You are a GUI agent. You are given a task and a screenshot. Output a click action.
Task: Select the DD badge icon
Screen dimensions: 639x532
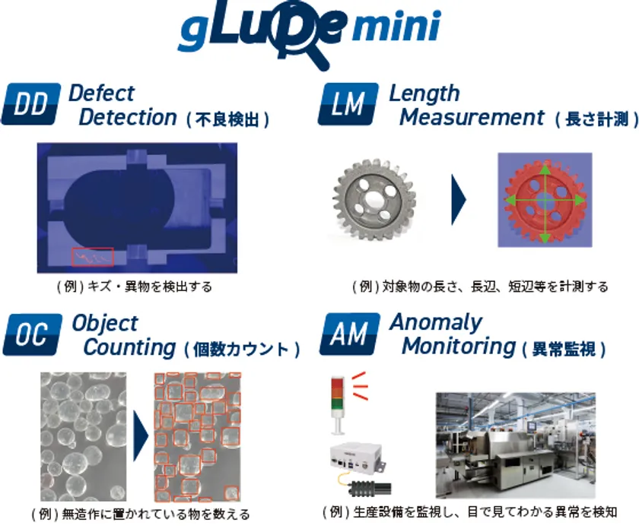(x=31, y=104)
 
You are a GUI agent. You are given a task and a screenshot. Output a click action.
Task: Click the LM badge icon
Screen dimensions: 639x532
(x=348, y=104)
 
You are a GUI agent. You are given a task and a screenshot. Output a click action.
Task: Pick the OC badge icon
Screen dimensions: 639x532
(x=33, y=334)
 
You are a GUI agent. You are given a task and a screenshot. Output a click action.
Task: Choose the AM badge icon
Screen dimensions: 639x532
(x=350, y=334)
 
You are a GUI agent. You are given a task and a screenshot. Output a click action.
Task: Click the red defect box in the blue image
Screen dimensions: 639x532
(x=93, y=257)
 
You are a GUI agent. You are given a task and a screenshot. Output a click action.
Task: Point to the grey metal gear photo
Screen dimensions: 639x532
(x=373, y=199)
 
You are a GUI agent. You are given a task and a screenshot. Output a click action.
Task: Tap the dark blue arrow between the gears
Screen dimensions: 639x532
(x=459, y=199)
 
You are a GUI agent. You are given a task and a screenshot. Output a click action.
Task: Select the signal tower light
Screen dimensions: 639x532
(x=338, y=405)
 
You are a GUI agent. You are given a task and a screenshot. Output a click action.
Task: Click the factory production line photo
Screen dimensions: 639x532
(x=516, y=445)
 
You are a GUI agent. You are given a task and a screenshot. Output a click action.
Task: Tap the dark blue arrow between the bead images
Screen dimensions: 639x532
(x=141, y=436)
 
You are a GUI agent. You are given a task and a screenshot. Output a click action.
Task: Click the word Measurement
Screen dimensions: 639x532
(x=472, y=117)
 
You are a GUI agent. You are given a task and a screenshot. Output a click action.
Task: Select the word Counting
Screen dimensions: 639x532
(x=129, y=347)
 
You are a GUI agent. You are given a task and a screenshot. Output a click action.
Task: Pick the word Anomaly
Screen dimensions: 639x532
(x=437, y=324)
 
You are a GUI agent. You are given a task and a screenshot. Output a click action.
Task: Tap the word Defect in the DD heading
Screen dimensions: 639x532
(x=101, y=93)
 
